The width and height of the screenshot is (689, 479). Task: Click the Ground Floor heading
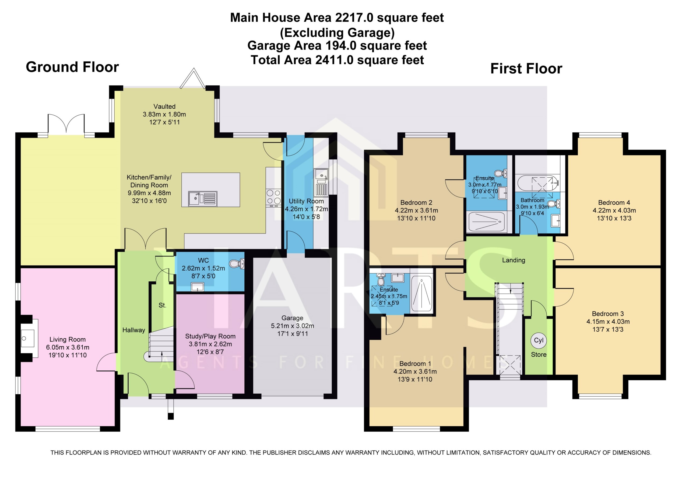click(x=72, y=67)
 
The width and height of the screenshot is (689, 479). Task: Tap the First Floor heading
click(x=526, y=69)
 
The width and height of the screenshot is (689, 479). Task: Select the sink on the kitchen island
click(x=203, y=199)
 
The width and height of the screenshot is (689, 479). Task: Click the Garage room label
click(x=292, y=318)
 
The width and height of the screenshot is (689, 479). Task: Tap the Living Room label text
click(x=68, y=339)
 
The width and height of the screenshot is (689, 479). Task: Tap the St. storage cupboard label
click(x=162, y=305)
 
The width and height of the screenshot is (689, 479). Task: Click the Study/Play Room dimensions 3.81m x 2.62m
click(x=210, y=344)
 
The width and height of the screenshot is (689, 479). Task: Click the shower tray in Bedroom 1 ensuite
click(x=421, y=294)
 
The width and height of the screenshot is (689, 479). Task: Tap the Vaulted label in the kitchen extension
click(x=164, y=106)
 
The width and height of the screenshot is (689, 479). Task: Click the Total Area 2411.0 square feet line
click(x=337, y=60)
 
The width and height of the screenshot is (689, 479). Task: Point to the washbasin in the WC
click(x=198, y=287)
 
